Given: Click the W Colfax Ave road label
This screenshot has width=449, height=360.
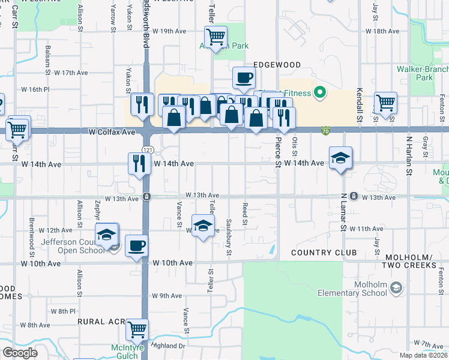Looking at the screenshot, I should click(112, 131).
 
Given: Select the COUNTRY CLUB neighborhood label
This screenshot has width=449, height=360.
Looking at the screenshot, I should click(324, 253).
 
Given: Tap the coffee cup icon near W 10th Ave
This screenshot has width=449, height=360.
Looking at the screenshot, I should click(136, 245).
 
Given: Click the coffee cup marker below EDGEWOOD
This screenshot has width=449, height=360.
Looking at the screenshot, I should click(244, 77).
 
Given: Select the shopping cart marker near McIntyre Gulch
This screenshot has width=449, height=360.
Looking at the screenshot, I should click(137, 329).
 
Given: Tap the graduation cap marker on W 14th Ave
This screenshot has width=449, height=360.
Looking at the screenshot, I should click(340, 157).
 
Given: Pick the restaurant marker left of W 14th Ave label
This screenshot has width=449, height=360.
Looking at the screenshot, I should click(139, 163).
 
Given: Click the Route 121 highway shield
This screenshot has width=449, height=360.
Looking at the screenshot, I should click(146, 148).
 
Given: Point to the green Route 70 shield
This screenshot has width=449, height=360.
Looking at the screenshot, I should click(325, 130).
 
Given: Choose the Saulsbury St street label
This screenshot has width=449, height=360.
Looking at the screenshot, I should click(229, 238).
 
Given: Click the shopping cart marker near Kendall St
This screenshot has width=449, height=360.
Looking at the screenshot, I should click(385, 102).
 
